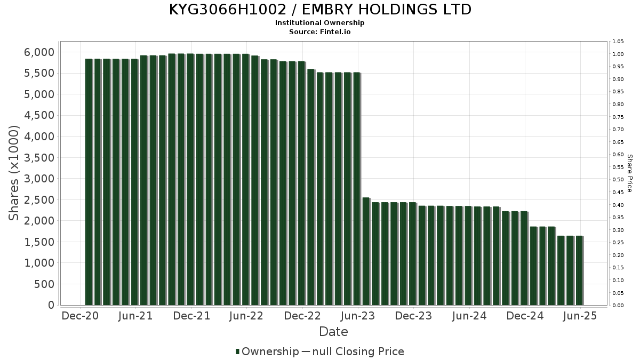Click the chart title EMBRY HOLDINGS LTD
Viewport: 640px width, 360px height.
(320, 10)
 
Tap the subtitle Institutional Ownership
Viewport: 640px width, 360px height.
(320, 23)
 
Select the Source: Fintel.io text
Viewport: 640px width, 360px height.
(320, 31)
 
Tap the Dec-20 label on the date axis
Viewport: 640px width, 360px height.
(81, 316)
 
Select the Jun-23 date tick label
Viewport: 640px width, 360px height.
(358, 316)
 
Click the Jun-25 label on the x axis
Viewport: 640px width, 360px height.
(580, 316)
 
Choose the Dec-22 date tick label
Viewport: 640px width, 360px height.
(302, 316)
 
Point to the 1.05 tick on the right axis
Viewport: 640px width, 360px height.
(618, 42)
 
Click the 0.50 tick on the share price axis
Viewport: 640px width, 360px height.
(618, 180)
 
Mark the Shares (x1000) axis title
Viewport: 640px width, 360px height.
(14, 173)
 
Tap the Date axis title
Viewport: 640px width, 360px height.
(333, 332)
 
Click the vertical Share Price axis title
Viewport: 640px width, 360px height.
(629, 173)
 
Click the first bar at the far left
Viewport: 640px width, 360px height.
(89, 182)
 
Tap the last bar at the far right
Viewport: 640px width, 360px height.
(579, 270)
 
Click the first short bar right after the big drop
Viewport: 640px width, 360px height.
(366, 251)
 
